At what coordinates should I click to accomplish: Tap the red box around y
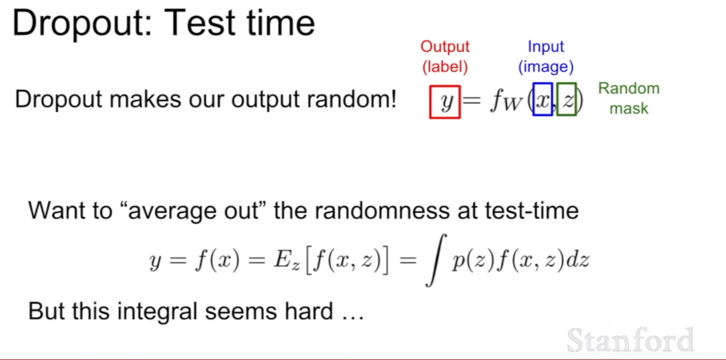click(x=430, y=102)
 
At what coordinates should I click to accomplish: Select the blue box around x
click(x=534, y=99)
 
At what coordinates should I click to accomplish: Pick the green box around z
click(x=558, y=99)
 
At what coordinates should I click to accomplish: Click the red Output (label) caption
click(x=445, y=57)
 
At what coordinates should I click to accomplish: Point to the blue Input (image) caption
click(x=546, y=57)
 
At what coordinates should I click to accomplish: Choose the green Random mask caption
click(x=629, y=98)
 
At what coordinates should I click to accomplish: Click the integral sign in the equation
click(x=436, y=260)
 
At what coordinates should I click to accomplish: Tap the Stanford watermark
click(x=630, y=340)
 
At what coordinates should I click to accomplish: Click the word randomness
click(x=382, y=210)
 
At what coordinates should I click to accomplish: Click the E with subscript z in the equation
click(x=286, y=261)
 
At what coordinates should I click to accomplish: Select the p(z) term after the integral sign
click(x=473, y=261)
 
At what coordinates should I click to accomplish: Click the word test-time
click(x=532, y=210)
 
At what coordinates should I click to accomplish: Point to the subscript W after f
click(x=513, y=103)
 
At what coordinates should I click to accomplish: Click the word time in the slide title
click(x=281, y=23)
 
